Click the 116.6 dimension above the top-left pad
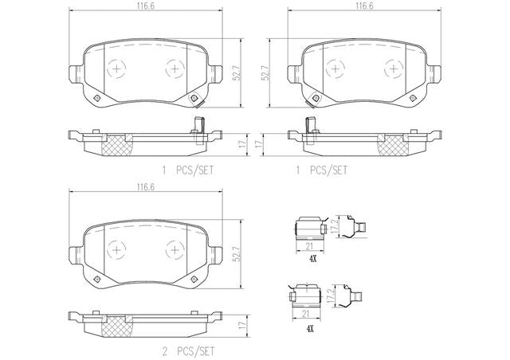coord(145,6)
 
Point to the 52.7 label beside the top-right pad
coord(265,72)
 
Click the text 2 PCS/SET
coord(188,351)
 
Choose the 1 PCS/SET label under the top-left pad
coord(188,170)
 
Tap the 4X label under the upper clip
coord(312,259)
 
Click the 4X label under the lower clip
coord(310,329)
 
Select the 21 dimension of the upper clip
coord(309,246)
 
